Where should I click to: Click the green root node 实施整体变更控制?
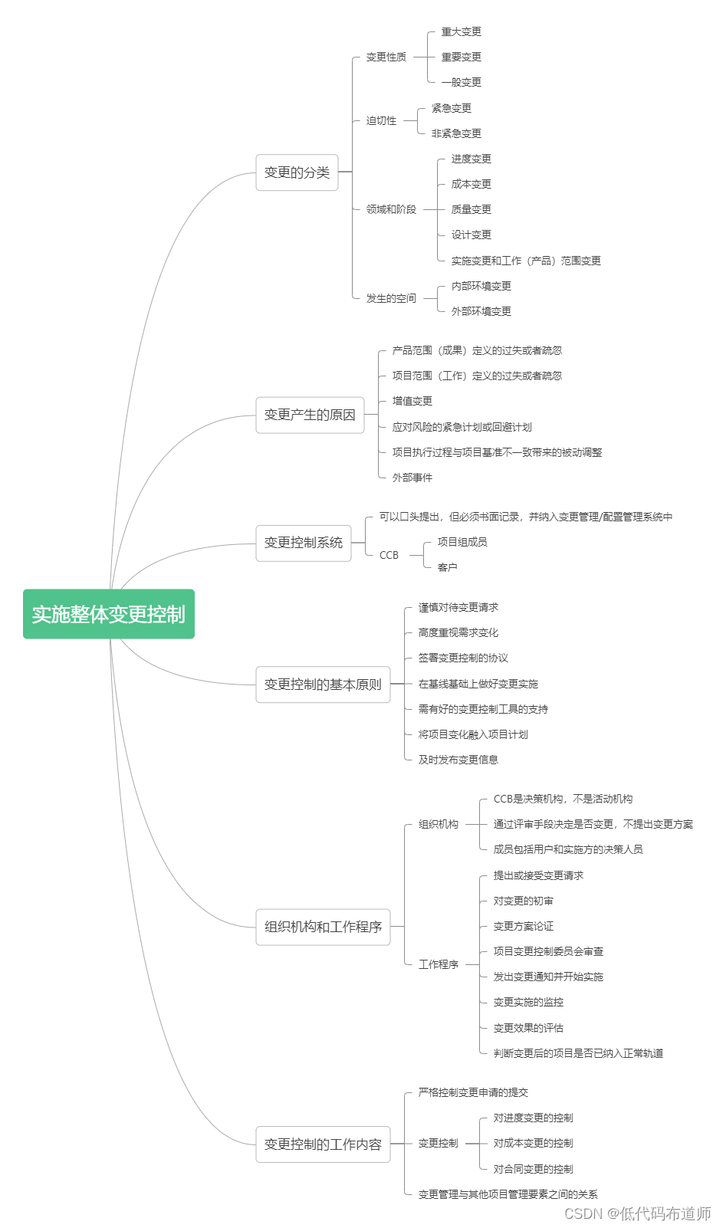109,614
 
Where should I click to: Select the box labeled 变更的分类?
297,172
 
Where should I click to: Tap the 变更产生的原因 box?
310,415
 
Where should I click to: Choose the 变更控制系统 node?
303,543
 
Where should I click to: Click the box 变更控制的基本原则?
323,685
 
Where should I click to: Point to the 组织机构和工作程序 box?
323,927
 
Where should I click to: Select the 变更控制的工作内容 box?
323,1144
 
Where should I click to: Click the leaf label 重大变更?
462,31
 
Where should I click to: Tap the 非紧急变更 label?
456,133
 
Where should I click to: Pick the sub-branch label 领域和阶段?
391,209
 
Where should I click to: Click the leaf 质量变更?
472,209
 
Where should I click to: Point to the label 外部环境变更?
481,311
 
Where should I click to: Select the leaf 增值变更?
412,402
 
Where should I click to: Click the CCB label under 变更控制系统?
389,555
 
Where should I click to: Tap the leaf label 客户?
447,567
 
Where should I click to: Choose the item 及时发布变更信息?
458,760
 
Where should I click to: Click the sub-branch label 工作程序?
439,964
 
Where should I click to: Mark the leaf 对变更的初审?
524,901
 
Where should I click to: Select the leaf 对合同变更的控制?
534,1169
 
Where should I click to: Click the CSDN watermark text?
637,1213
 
